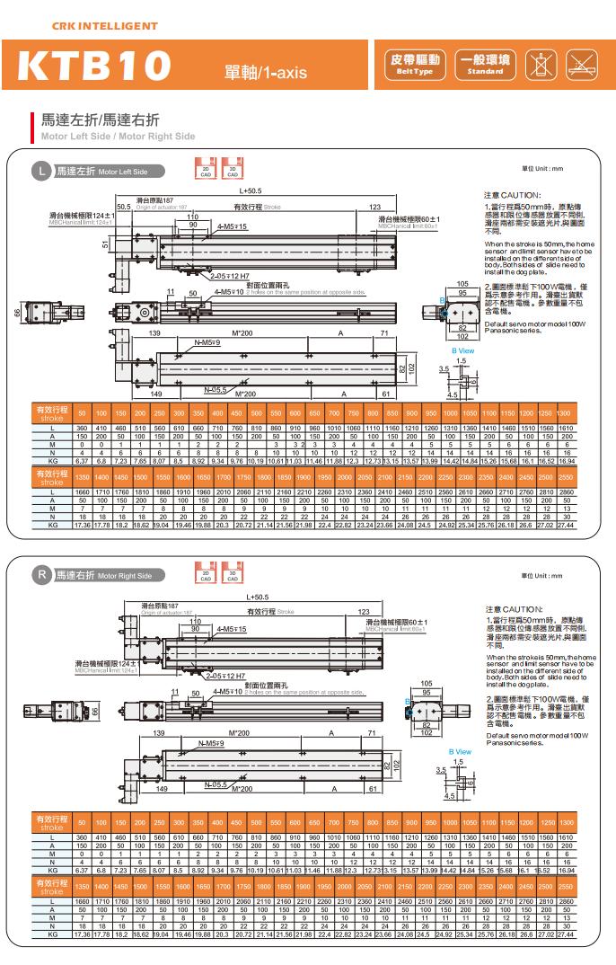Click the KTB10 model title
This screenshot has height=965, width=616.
click(94, 66)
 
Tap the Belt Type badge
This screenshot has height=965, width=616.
click(413, 65)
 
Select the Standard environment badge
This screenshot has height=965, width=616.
click(485, 65)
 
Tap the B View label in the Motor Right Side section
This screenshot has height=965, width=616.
click(460, 751)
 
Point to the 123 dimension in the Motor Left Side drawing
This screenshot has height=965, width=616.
click(375, 208)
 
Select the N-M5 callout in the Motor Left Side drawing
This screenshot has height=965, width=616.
click(209, 342)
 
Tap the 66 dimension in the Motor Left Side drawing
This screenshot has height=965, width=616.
click(15, 312)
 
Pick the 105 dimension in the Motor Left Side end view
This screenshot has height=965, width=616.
click(462, 284)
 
